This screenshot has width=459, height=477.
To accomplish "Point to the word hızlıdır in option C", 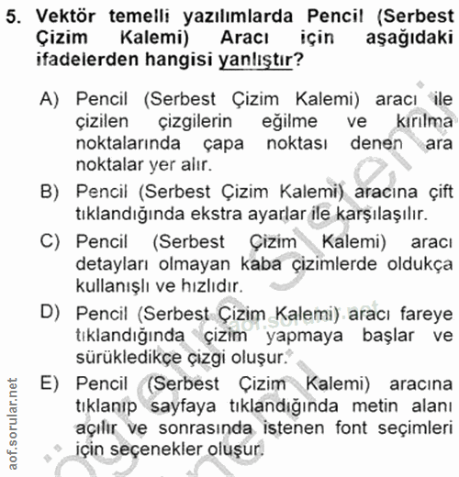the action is tap(195, 286).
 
